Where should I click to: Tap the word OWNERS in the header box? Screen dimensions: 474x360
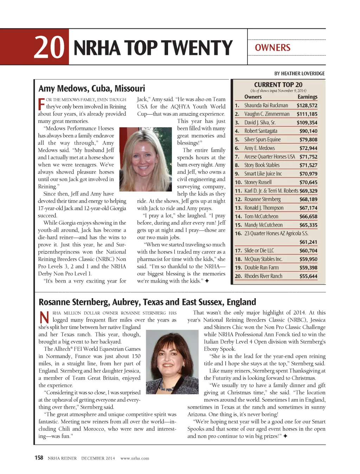click(x=272, y=48)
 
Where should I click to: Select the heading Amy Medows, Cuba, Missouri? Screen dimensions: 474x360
click(x=92, y=88)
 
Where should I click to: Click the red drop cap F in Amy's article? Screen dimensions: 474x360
click(x=41, y=104)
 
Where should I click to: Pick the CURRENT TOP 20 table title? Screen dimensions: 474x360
click(x=278, y=85)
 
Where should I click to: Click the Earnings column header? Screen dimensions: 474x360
click(x=307, y=97)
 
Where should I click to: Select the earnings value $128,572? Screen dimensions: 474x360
click(x=307, y=105)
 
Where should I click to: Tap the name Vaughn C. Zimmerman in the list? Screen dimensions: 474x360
click(x=267, y=114)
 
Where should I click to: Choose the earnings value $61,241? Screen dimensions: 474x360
click(x=308, y=242)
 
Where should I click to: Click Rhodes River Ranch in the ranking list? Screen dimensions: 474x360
click(x=263, y=276)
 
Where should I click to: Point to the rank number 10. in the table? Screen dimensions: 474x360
click(x=238, y=182)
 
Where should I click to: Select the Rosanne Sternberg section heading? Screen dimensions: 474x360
click(x=147, y=302)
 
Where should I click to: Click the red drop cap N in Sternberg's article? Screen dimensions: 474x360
click(x=44, y=317)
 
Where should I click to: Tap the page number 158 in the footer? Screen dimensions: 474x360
click(x=39, y=457)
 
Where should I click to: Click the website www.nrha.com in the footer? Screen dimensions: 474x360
click(x=135, y=458)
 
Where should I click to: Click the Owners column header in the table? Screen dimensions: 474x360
click(x=253, y=97)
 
